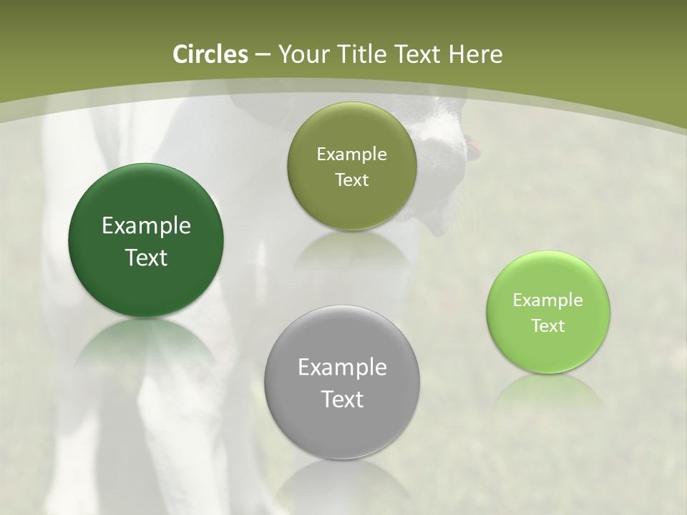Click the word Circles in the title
[210, 54]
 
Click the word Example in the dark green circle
[146, 226]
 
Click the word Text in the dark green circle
[146, 258]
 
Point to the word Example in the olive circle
[351, 154]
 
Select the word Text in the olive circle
[351, 180]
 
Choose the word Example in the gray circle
[342, 368]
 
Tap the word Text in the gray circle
[342, 400]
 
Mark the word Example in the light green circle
[548, 300]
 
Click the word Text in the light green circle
[548, 326]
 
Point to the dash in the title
[262, 55]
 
